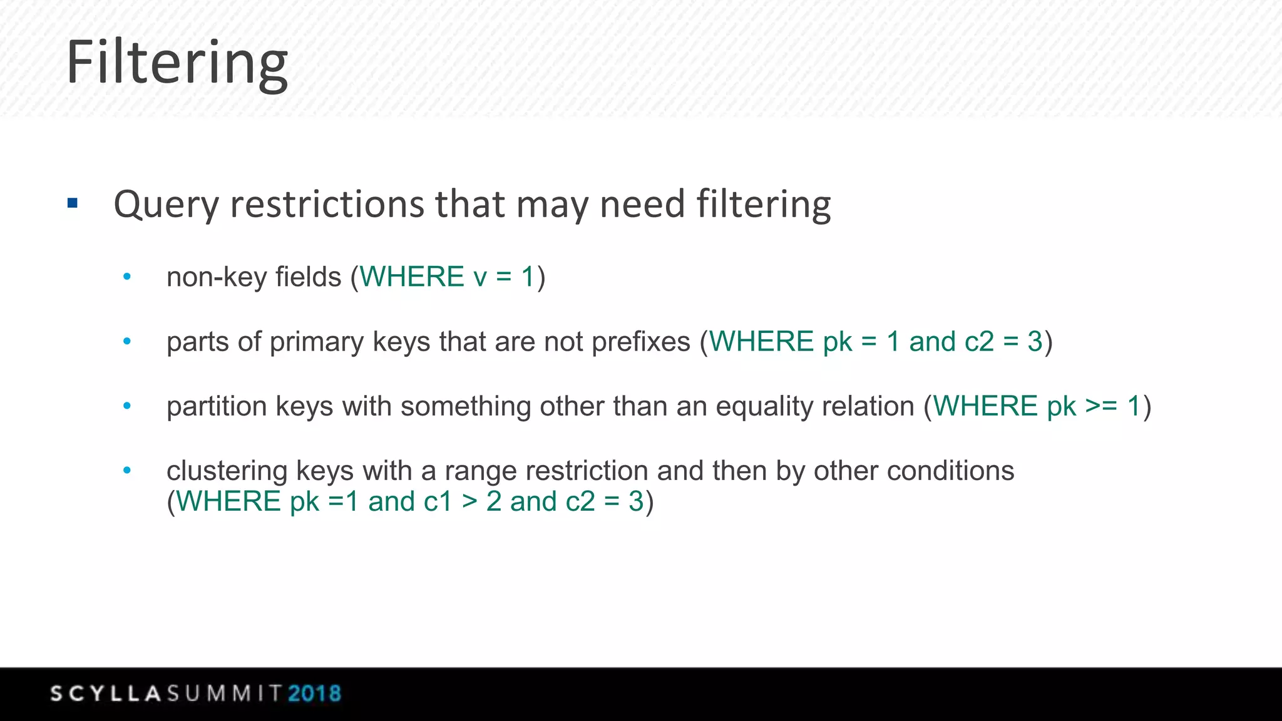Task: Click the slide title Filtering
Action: coord(177,63)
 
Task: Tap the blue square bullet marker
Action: coord(73,203)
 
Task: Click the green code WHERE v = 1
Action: coord(447,277)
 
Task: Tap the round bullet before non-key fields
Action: coord(127,277)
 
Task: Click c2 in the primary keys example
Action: coord(979,342)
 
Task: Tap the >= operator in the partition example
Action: coord(1101,406)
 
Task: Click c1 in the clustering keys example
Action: coord(438,501)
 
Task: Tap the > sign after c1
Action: coord(469,501)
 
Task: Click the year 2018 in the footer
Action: coord(314,693)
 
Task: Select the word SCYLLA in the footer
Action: coord(106,693)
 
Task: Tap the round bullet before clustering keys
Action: coord(127,470)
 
